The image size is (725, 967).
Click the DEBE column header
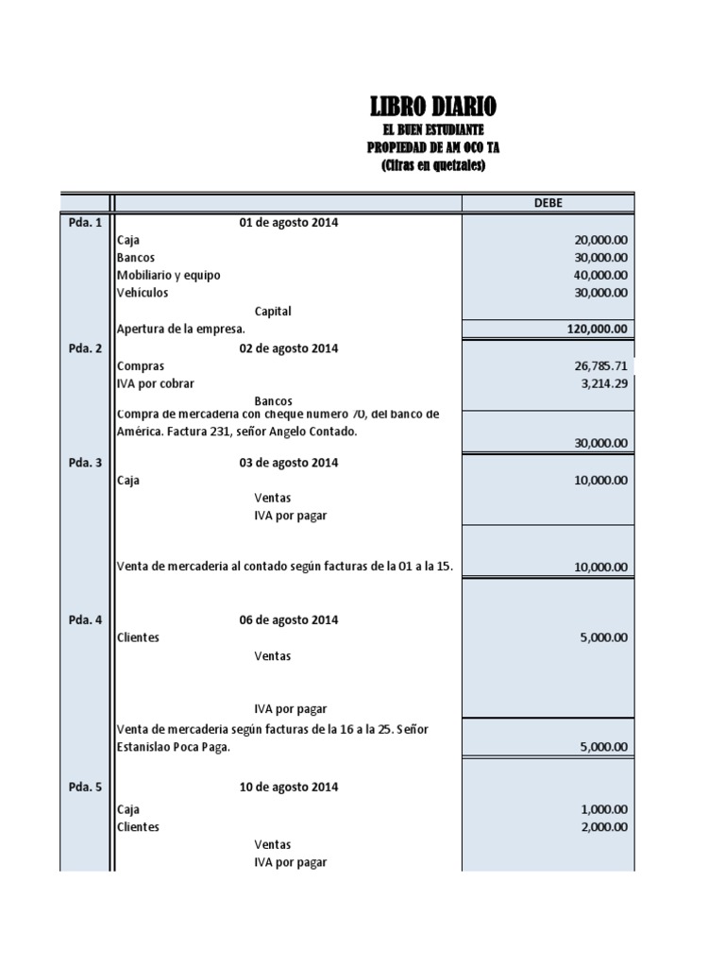(x=548, y=203)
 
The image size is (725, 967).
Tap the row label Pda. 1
(x=85, y=223)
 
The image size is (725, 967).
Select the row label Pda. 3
(x=85, y=463)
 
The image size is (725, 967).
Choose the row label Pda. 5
(x=85, y=787)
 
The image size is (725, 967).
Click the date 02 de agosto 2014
(x=287, y=348)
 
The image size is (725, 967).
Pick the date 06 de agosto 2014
(x=287, y=620)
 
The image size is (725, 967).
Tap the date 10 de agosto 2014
(x=287, y=787)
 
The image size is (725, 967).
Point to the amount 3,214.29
(x=602, y=383)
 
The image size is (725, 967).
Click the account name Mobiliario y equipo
(x=169, y=275)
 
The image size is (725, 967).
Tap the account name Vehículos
(x=143, y=293)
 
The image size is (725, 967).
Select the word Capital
(x=273, y=311)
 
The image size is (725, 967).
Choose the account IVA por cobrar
(x=155, y=383)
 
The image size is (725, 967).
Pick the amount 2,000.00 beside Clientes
(x=602, y=827)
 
